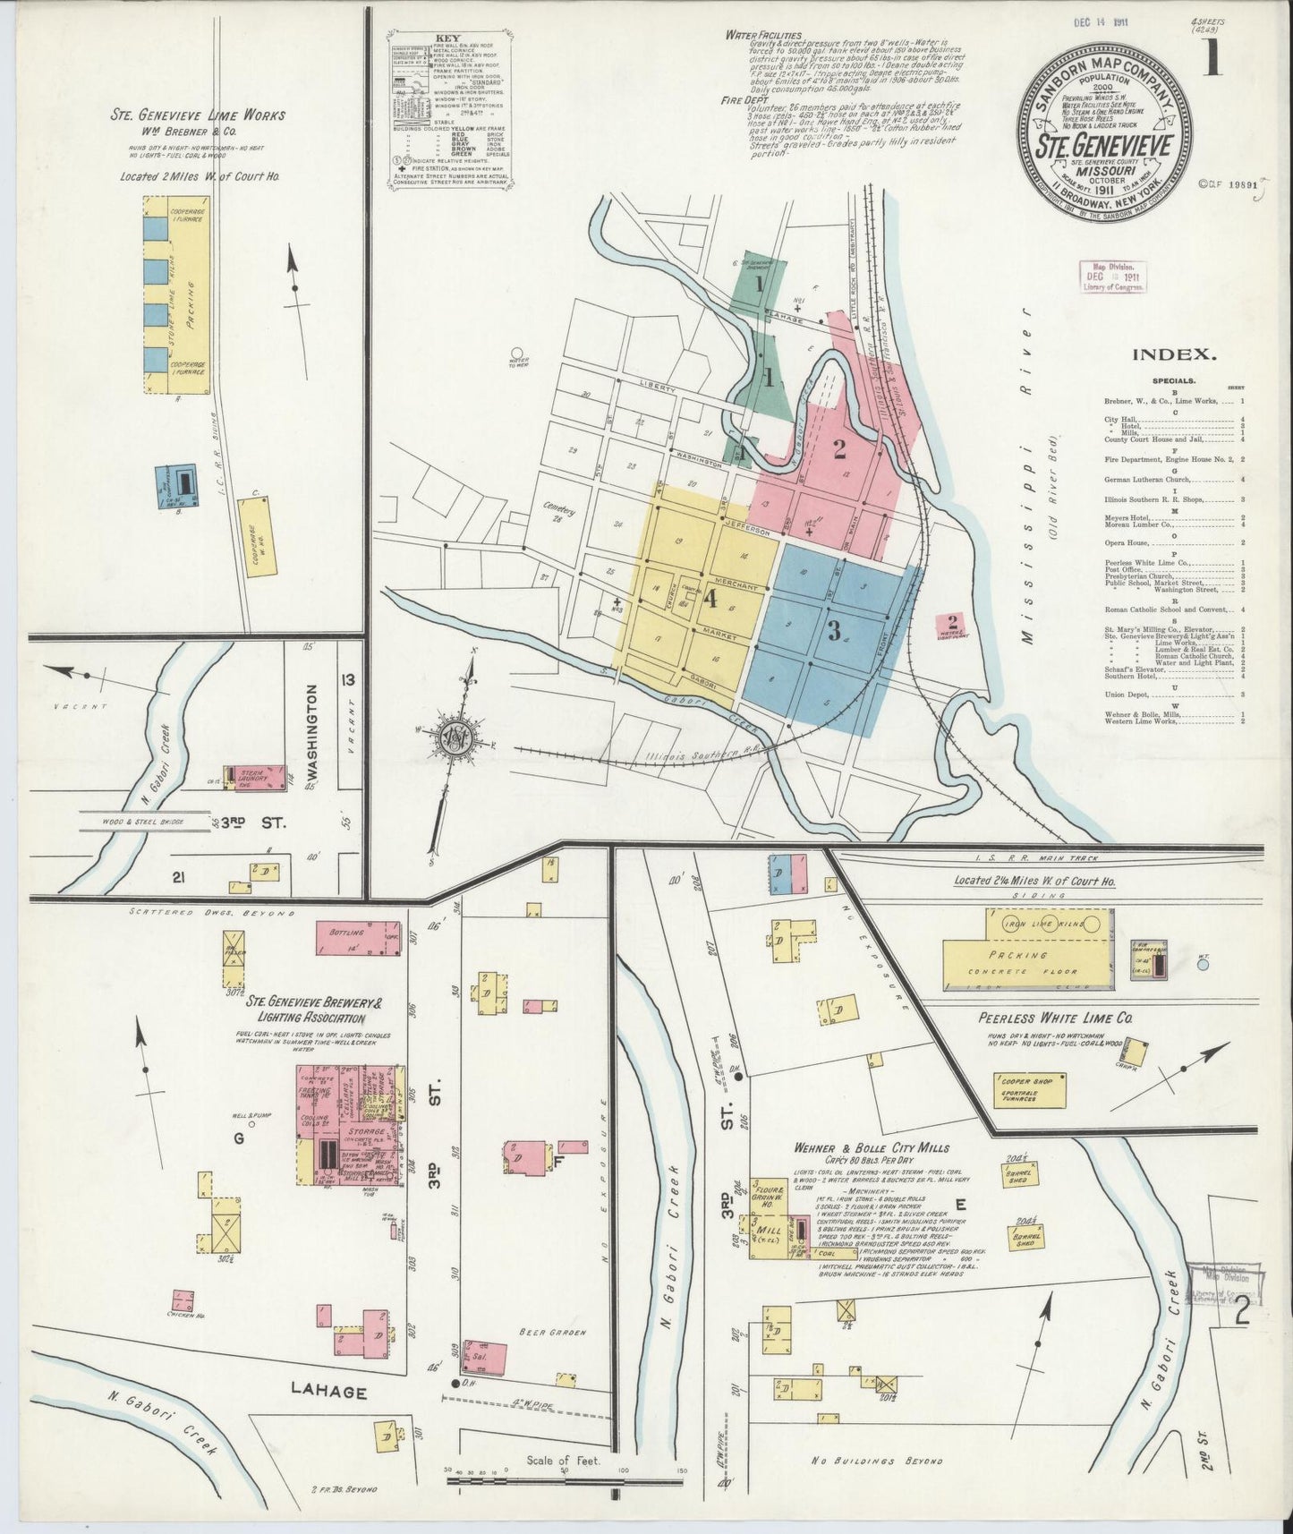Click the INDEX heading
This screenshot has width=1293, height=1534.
[1174, 354]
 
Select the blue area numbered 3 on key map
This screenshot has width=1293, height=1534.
[834, 632]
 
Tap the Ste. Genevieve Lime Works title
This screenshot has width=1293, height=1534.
[198, 115]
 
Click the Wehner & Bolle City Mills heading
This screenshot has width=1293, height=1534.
[871, 1148]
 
